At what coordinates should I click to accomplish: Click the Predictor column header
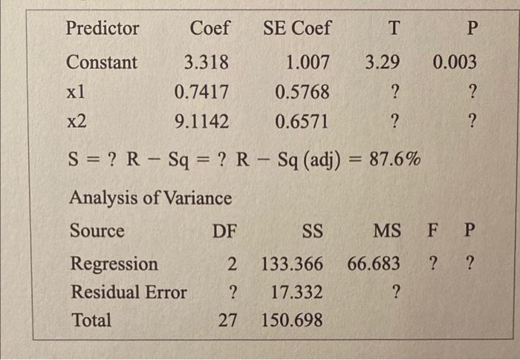click(103, 29)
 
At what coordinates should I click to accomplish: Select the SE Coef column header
click(297, 29)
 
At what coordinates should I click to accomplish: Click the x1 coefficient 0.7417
click(201, 93)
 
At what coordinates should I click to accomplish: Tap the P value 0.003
click(455, 62)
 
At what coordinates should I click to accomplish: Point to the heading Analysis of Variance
click(150, 198)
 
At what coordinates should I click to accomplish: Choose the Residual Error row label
click(128, 292)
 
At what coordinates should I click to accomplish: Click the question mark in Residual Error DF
click(233, 292)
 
